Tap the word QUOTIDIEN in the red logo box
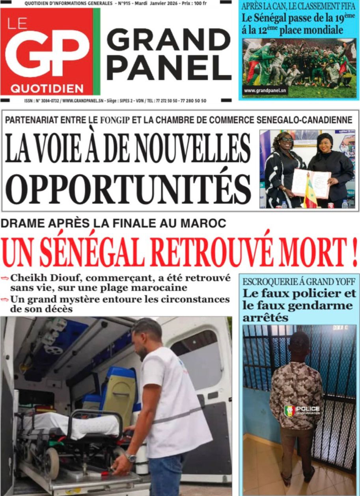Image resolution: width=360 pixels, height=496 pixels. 47,88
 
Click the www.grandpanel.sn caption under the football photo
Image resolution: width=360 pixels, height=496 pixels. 265,91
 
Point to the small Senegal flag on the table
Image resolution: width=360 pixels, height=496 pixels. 310,193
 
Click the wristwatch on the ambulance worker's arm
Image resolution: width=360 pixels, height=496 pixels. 130,457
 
